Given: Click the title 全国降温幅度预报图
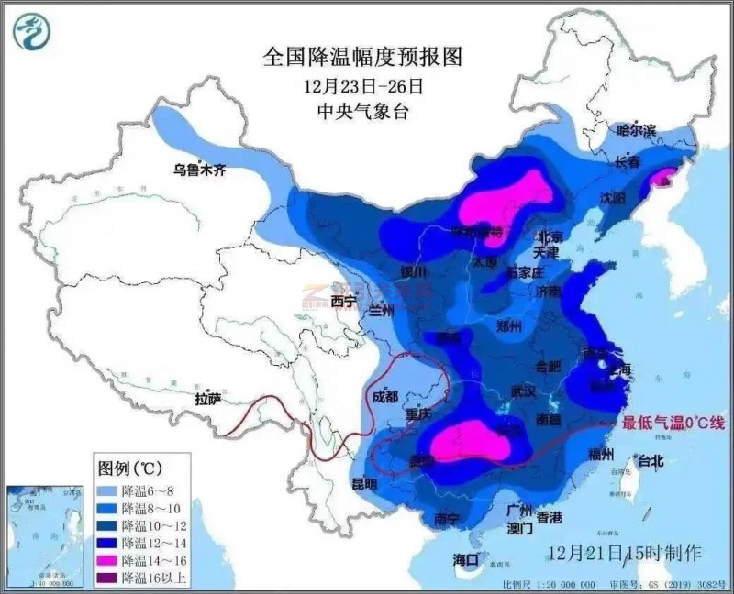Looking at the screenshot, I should [x=362, y=56].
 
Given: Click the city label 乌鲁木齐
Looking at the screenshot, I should [x=200, y=169].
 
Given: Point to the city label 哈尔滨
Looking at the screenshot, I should [x=637, y=131].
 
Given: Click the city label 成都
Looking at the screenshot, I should [x=386, y=397].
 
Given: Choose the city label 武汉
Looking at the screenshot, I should [x=523, y=390].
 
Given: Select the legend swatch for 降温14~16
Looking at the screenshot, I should [x=110, y=558].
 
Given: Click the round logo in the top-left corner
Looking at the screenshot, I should [x=32, y=32].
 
